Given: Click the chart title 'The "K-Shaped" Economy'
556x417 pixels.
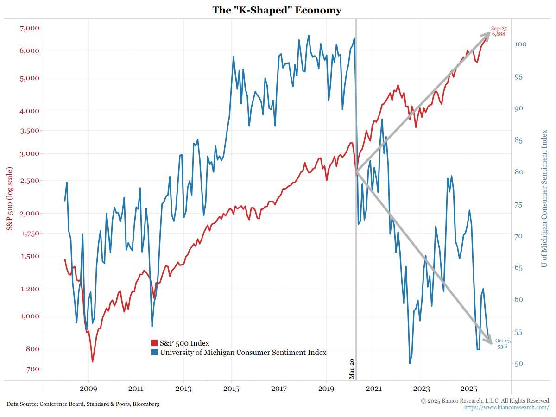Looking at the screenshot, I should click(x=277, y=10).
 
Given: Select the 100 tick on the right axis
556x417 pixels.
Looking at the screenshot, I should click(x=520, y=44).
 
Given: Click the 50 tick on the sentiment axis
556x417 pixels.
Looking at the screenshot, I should click(x=518, y=364).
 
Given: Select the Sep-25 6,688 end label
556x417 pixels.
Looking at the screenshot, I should click(x=499, y=32).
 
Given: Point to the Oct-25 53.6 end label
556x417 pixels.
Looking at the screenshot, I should click(x=502, y=344).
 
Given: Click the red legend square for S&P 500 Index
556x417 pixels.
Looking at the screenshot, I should click(x=154, y=343).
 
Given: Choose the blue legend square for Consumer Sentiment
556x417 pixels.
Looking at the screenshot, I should click(x=154, y=353).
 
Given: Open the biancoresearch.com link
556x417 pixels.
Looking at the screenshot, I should click(x=506, y=407).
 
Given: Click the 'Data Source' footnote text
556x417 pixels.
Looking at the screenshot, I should click(x=83, y=404).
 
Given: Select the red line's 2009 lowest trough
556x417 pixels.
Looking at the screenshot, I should click(x=93, y=361).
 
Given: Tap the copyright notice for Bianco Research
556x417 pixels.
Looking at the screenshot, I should click(x=485, y=400).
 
